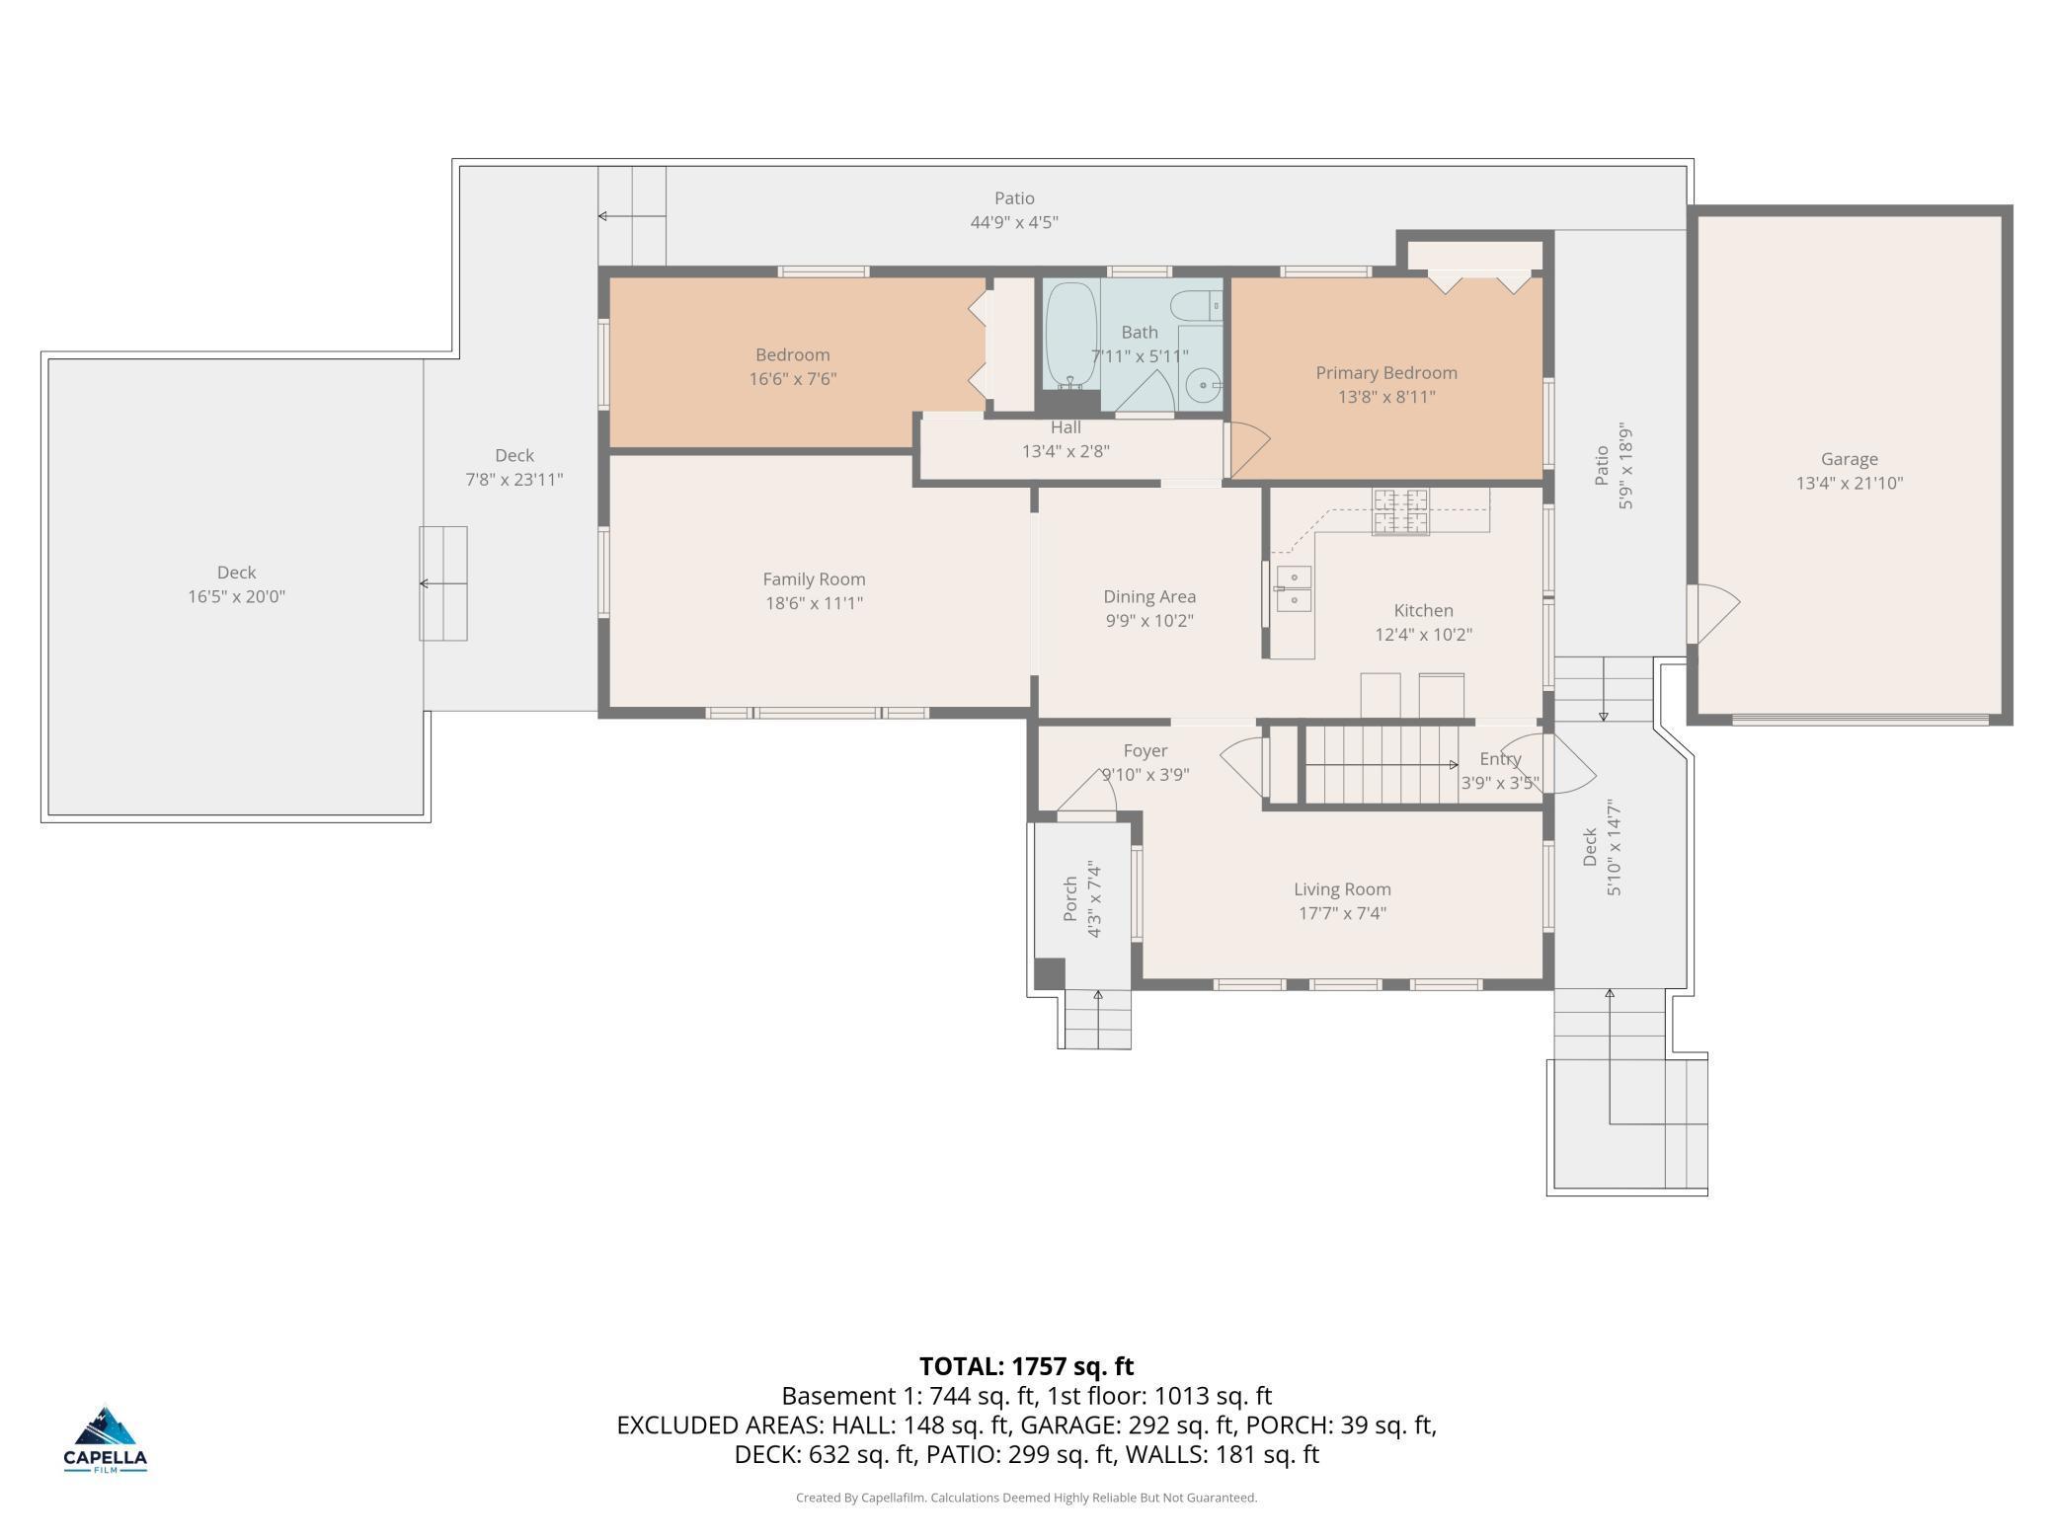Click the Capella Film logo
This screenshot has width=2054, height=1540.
click(105, 1440)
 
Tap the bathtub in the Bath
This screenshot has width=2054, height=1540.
click(1070, 336)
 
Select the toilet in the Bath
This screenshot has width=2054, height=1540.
click(1196, 305)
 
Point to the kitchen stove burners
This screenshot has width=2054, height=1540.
click(1400, 511)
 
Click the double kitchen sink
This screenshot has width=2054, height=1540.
click(1293, 588)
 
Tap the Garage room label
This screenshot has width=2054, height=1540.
click(1849, 459)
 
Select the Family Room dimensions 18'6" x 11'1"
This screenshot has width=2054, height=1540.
click(814, 603)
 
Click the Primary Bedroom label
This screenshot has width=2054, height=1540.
click(1385, 373)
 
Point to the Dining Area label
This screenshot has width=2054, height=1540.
click(1148, 597)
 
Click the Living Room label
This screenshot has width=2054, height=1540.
click(1342, 889)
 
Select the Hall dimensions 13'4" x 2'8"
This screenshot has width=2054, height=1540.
click(1066, 451)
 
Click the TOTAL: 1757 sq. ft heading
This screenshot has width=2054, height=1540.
click(1026, 1366)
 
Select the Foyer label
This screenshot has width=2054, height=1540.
click(1145, 751)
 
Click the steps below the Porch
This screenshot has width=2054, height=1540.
click(1097, 1018)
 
